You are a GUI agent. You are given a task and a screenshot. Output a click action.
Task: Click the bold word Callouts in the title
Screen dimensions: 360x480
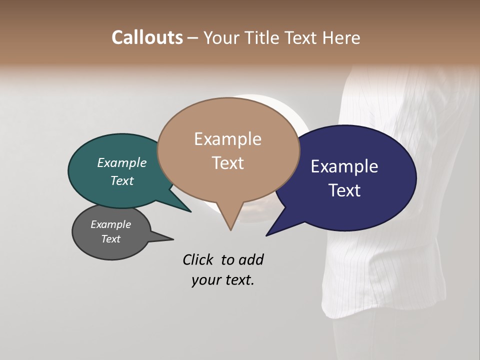tap(147, 37)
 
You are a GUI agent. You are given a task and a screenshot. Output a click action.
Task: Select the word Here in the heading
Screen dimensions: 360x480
tap(342, 37)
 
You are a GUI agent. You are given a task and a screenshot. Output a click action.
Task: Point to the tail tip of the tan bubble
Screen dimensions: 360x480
tap(230, 229)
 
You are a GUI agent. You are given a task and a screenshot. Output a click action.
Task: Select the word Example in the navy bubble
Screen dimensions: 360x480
tap(344, 166)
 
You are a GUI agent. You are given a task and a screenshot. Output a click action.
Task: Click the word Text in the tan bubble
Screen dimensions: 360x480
tap(228, 163)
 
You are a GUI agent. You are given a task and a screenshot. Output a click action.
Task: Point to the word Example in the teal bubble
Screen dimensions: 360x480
tap(122, 162)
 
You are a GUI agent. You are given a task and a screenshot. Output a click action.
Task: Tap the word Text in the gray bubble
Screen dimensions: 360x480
tap(111, 239)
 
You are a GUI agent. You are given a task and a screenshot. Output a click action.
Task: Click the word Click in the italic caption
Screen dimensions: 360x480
tap(198, 259)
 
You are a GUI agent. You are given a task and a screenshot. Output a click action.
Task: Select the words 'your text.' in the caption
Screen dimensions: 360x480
tap(223, 280)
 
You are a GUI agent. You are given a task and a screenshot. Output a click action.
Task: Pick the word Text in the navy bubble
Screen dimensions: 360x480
tap(344, 190)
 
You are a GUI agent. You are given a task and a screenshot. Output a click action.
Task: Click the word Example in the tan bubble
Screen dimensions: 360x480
tap(228, 139)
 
